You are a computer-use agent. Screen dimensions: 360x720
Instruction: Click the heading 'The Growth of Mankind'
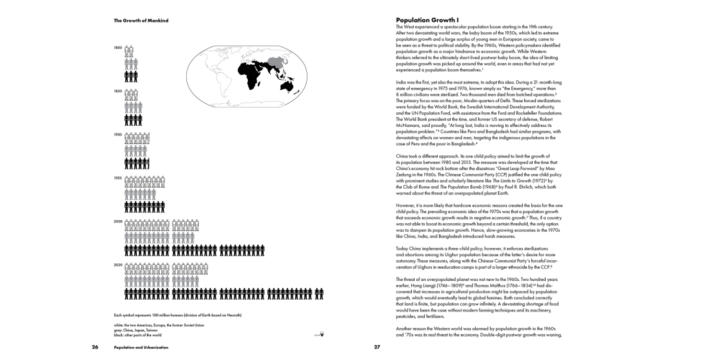coord(141,21)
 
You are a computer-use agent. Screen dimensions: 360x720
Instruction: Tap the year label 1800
coord(118,48)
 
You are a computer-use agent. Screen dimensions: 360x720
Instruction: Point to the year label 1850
coord(118,91)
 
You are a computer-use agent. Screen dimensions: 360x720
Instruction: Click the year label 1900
coord(118,135)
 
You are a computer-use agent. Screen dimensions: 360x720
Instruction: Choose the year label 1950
coord(118,178)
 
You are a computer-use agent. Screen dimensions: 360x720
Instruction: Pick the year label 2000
coord(118,222)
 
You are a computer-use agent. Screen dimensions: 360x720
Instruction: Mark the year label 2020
coord(118,265)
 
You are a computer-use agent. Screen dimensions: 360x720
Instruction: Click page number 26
coord(95,347)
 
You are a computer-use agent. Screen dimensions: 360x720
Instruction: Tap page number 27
coord(377,347)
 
